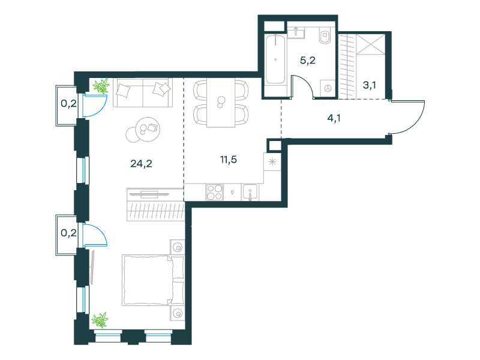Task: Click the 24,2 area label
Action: pyautogui.click(x=141, y=164)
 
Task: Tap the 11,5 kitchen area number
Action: pyautogui.click(x=229, y=160)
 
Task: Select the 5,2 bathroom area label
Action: pyautogui.click(x=307, y=61)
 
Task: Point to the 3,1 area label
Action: pyautogui.click(x=369, y=85)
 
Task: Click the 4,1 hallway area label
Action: pyautogui.click(x=334, y=118)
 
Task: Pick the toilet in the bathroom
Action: pyautogui.click(x=325, y=35)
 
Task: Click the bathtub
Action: pyautogui.click(x=275, y=59)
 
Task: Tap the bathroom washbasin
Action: pyautogui.click(x=296, y=32)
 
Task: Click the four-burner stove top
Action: pyautogui.click(x=214, y=192)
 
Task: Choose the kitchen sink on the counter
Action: pyautogui.click(x=250, y=193)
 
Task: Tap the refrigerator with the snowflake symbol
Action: pyautogui.click(x=272, y=161)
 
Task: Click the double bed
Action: pyautogui.click(x=154, y=280)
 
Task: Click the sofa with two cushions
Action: pyautogui.click(x=143, y=92)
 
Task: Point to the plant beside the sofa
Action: pyautogui.click(x=101, y=86)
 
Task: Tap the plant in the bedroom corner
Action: pyautogui.click(x=100, y=320)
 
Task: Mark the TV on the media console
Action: pyautogui.click(x=149, y=194)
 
